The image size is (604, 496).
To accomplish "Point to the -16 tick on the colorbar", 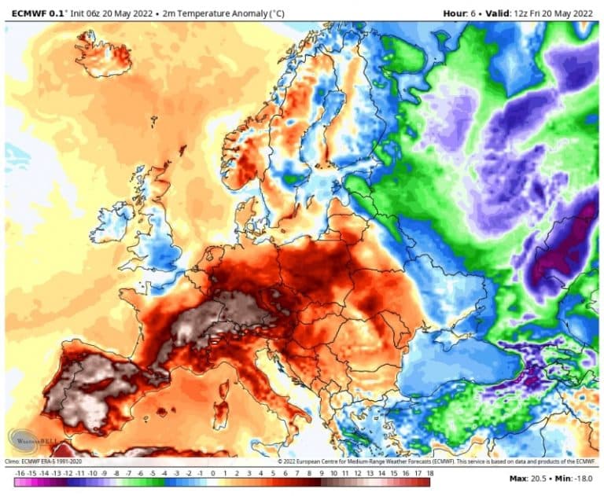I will (20, 473).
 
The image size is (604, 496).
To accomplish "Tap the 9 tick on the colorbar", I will (322, 473).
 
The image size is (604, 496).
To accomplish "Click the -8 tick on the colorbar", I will (116, 473).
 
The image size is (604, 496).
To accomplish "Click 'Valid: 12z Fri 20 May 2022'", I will (543, 13).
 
